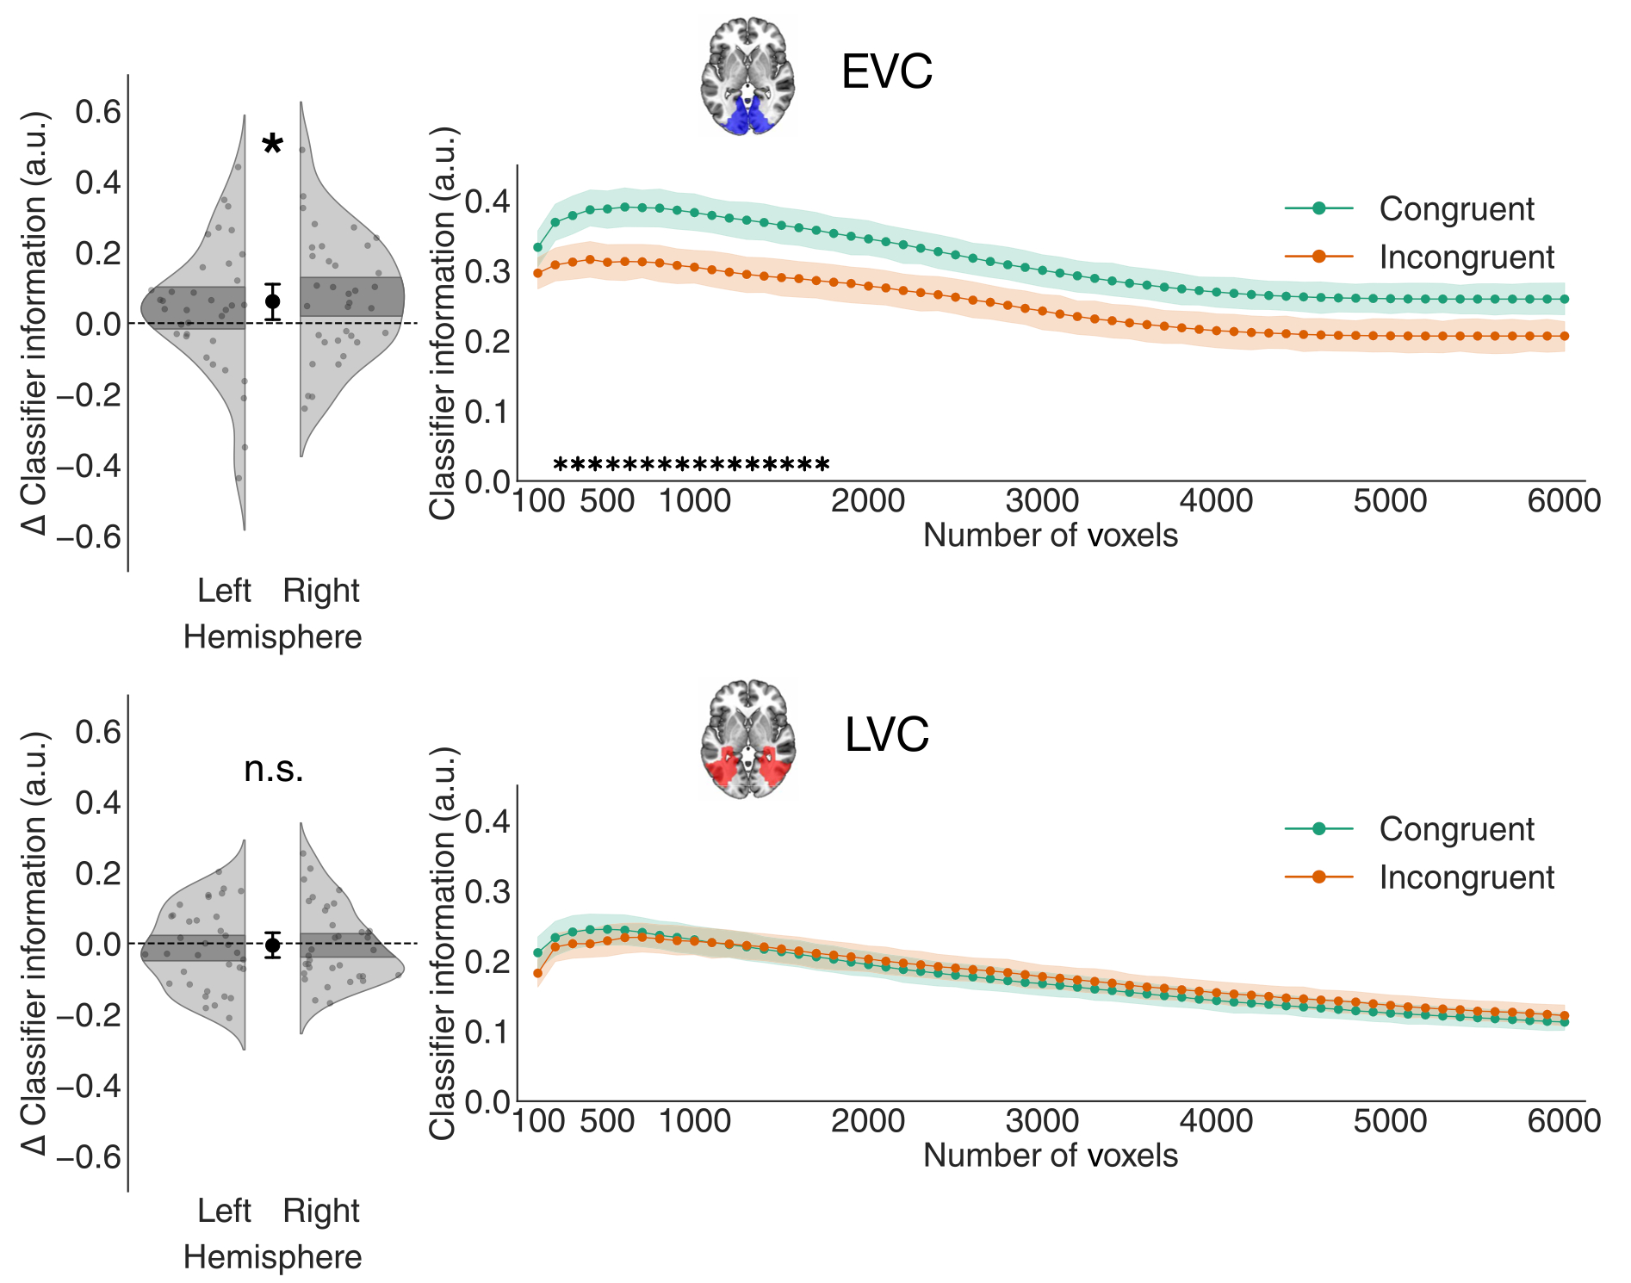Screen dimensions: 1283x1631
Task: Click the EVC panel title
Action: pos(886,71)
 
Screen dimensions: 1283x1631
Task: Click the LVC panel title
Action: pos(886,734)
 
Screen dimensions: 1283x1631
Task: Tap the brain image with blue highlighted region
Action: pos(747,76)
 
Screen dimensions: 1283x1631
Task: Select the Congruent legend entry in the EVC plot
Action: pos(1455,209)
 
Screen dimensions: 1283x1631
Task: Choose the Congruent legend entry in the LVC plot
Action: pos(1455,829)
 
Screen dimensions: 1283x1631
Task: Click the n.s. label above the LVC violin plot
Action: pos(273,769)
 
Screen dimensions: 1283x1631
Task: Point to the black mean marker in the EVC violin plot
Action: pos(272,301)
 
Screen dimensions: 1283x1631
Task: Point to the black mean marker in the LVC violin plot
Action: pos(272,945)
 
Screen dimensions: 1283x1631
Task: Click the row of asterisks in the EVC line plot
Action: pos(691,466)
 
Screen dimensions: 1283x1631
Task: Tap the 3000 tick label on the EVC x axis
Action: pos(1042,501)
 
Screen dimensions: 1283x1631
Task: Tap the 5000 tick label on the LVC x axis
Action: pos(1390,1121)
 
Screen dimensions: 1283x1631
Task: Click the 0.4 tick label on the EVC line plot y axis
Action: pos(487,202)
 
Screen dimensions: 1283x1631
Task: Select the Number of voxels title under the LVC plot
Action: pos(1050,1156)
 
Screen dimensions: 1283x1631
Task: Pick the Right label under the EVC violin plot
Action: pos(320,591)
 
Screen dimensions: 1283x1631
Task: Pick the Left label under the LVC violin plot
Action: pos(224,1211)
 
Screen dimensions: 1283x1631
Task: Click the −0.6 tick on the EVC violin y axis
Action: pos(89,536)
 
